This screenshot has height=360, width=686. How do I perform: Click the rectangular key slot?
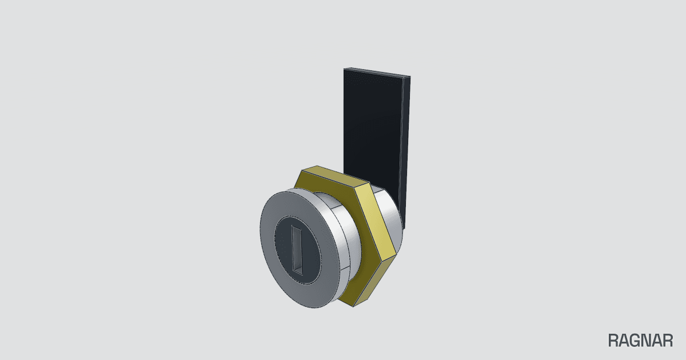coord(297,250)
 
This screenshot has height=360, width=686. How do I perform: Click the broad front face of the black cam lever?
coord(372,126)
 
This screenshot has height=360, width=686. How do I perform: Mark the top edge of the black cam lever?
coord(377,72)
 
